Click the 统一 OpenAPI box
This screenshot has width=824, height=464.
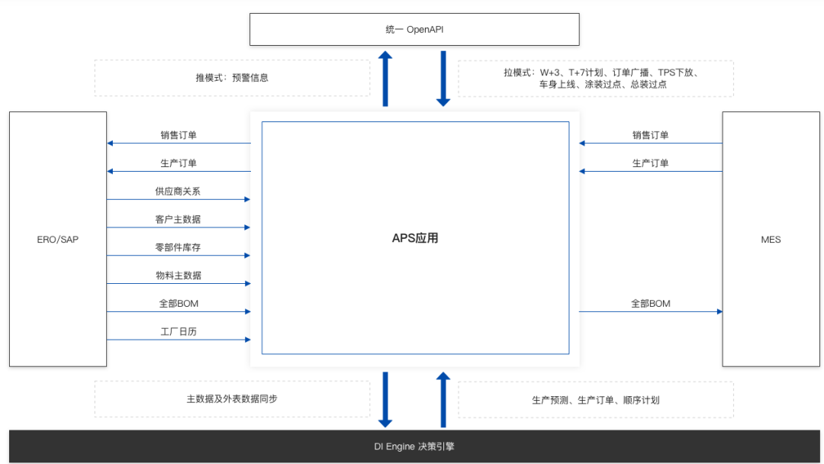(x=414, y=29)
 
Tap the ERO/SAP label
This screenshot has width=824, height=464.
(x=58, y=240)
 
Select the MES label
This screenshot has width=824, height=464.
(x=771, y=240)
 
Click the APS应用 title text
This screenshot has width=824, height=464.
(x=415, y=238)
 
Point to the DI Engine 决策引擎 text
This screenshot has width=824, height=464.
(x=414, y=446)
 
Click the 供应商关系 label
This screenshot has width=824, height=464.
(x=178, y=191)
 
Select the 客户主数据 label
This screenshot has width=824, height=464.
(x=178, y=219)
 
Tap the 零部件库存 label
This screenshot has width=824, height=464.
(x=178, y=247)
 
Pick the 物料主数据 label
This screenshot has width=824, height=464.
(x=178, y=275)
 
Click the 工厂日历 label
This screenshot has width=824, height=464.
(x=178, y=331)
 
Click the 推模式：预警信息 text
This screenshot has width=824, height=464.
(x=232, y=78)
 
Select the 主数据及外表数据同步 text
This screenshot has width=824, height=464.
(x=232, y=399)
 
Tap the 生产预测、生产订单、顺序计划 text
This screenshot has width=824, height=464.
(x=595, y=400)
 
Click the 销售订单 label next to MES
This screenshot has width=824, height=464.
(x=650, y=135)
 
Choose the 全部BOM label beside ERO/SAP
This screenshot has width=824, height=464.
(x=178, y=304)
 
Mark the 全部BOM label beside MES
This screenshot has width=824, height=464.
(x=650, y=304)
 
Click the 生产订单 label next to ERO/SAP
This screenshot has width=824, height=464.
(x=178, y=163)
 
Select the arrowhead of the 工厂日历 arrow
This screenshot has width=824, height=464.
(x=246, y=340)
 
